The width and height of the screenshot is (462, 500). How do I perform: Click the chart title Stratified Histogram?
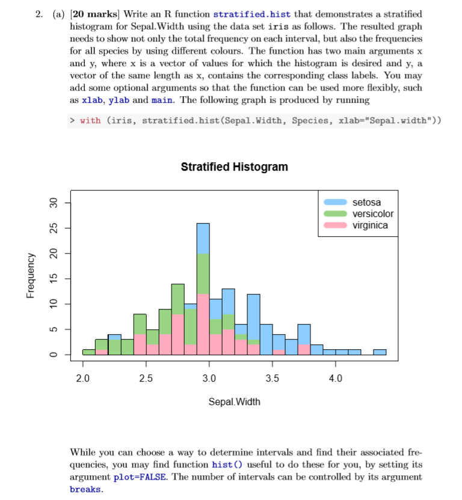coord(234,167)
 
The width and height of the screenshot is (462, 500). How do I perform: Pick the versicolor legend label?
coord(373,213)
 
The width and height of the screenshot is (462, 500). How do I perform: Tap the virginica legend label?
coord(370,225)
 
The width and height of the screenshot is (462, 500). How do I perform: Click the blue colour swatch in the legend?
coord(335,202)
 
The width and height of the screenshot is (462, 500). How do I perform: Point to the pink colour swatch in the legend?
coord(335,225)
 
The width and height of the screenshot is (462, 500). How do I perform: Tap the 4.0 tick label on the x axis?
coord(336,379)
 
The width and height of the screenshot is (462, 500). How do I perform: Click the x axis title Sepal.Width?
coord(234,401)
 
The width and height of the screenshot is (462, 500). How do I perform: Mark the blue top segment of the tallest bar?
coord(203,238)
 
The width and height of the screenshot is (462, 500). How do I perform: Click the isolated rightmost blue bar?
coord(380,352)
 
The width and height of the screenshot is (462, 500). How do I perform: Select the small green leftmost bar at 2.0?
coord(88,352)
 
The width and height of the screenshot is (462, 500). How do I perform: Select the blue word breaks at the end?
coord(84,489)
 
